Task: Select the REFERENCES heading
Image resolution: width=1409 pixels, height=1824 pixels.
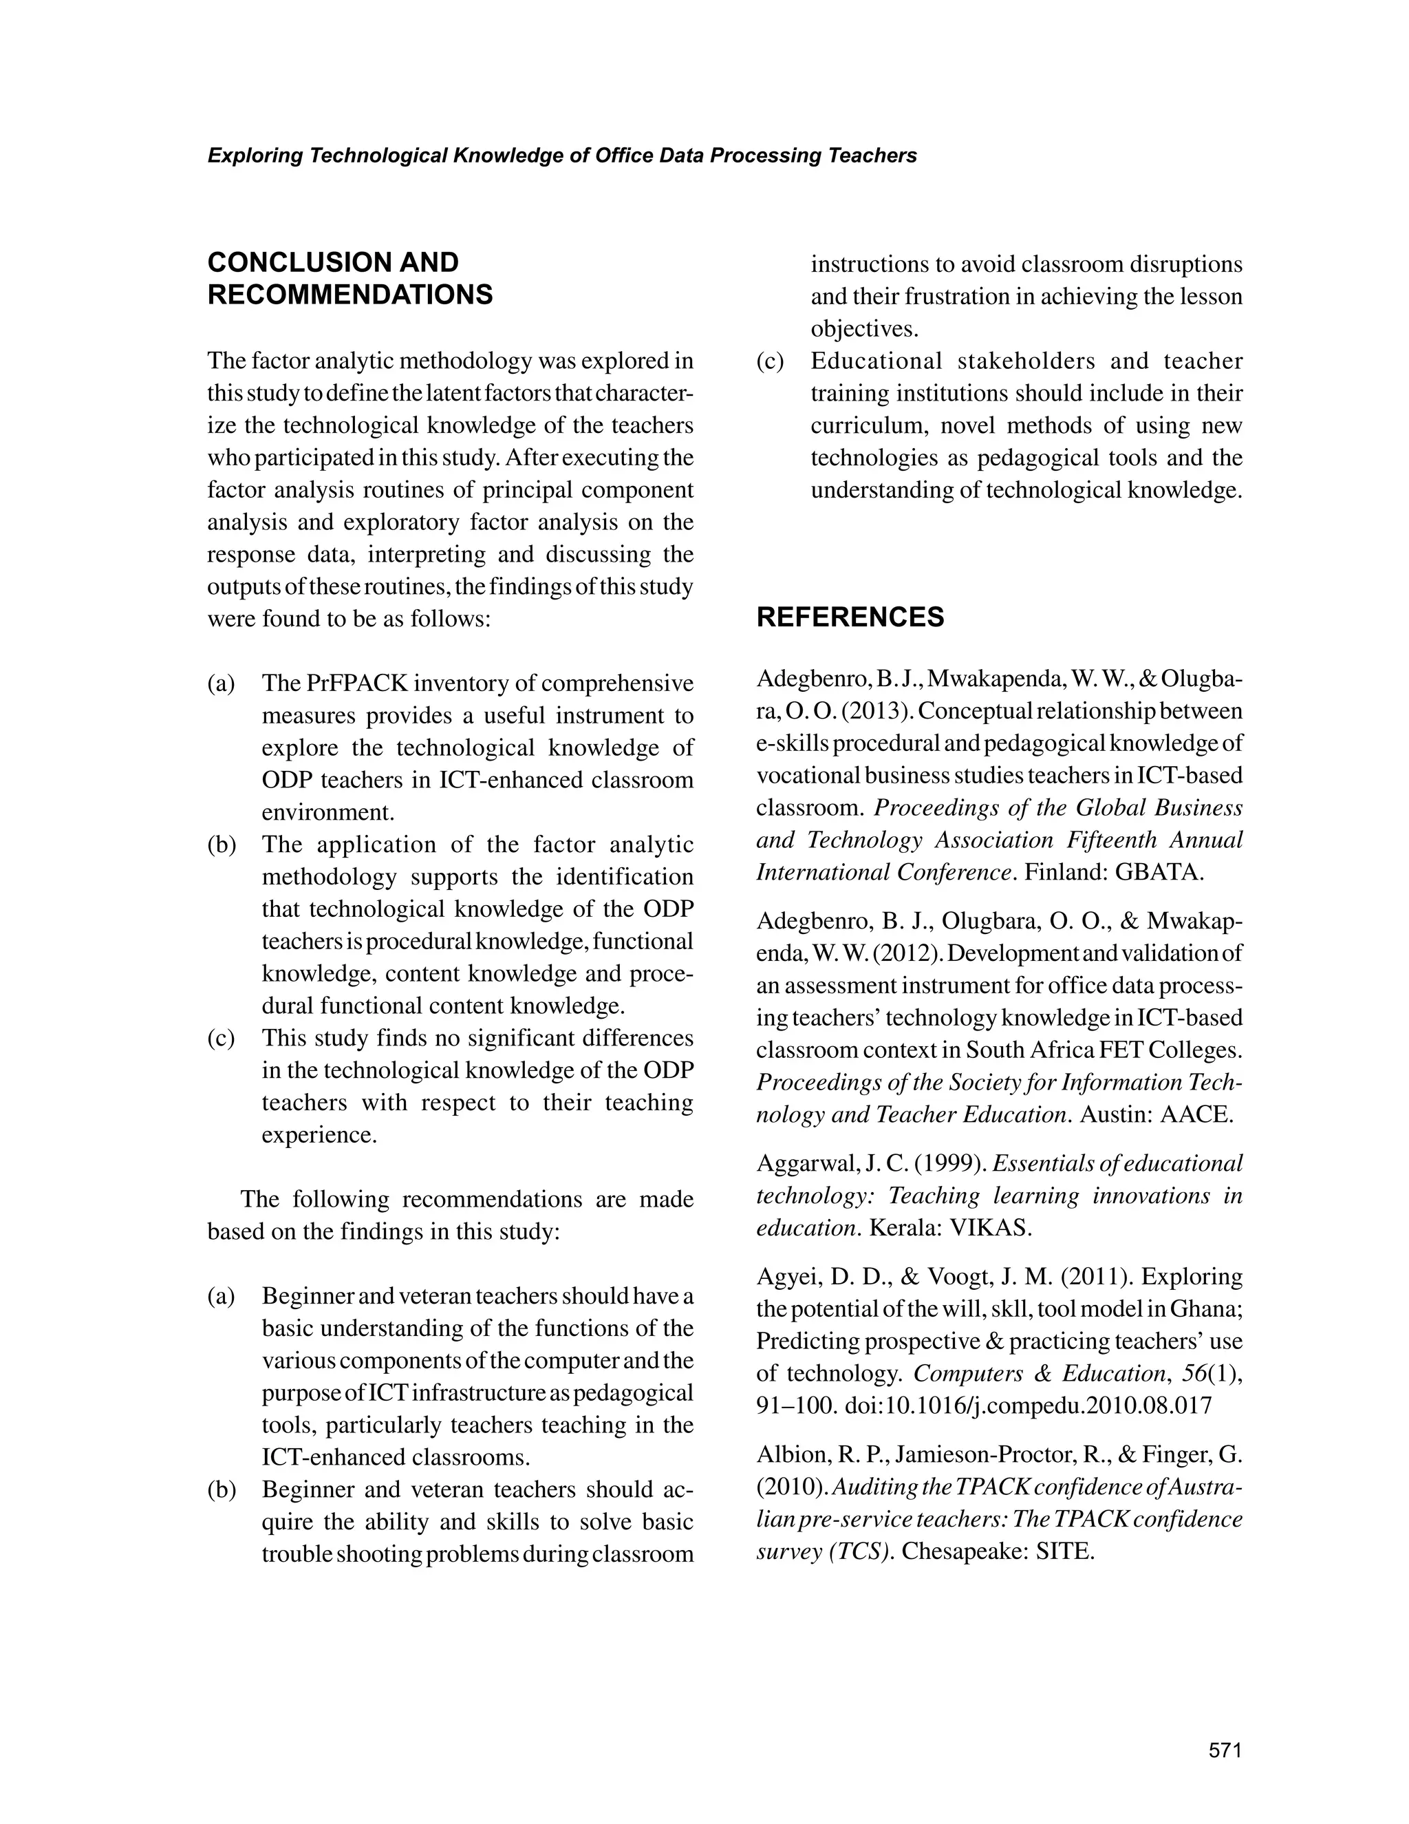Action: [x=850, y=617]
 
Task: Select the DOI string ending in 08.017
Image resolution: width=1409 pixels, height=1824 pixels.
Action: [x=1029, y=1406]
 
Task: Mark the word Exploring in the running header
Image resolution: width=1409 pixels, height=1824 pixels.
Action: [x=254, y=156]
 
